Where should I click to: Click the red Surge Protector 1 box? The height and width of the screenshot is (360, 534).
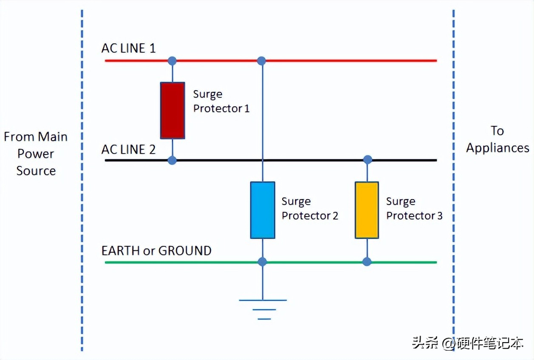[x=172, y=110]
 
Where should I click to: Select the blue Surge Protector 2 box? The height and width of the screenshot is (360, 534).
[x=262, y=210]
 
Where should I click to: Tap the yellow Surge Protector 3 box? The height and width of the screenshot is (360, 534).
[x=367, y=210]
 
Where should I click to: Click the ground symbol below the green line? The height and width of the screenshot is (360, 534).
[x=263, y=309]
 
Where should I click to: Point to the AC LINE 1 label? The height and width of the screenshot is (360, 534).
[x=128, y=48]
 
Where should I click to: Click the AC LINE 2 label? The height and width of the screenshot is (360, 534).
[x=128, y=149]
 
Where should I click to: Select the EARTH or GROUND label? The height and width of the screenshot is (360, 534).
[x=156, y=251]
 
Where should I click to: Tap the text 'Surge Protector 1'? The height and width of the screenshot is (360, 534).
[x=221, y=101]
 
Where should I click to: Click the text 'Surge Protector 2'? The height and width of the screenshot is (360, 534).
[x=310, y=209]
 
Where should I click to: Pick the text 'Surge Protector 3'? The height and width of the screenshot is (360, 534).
[x=414, y=209]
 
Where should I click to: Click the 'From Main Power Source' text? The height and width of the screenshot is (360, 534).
[x=36, y=154]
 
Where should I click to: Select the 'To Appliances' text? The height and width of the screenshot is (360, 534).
[x=497, y=139]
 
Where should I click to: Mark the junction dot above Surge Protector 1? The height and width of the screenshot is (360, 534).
[x=172, y=61]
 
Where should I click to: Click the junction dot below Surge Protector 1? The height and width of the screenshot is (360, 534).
[x=172, y=160]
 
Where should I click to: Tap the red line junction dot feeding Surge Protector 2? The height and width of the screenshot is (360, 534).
[x=261, y=61]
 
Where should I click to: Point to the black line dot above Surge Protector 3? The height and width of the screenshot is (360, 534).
[x=368, y=160]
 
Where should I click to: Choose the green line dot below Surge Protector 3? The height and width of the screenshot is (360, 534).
[x=367, y=262]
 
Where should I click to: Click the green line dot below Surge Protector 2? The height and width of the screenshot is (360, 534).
[x=262, y=262]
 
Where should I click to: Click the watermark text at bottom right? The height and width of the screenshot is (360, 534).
[x=467, y=343]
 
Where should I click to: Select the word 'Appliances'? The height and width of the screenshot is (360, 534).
[x=497, y=148]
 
